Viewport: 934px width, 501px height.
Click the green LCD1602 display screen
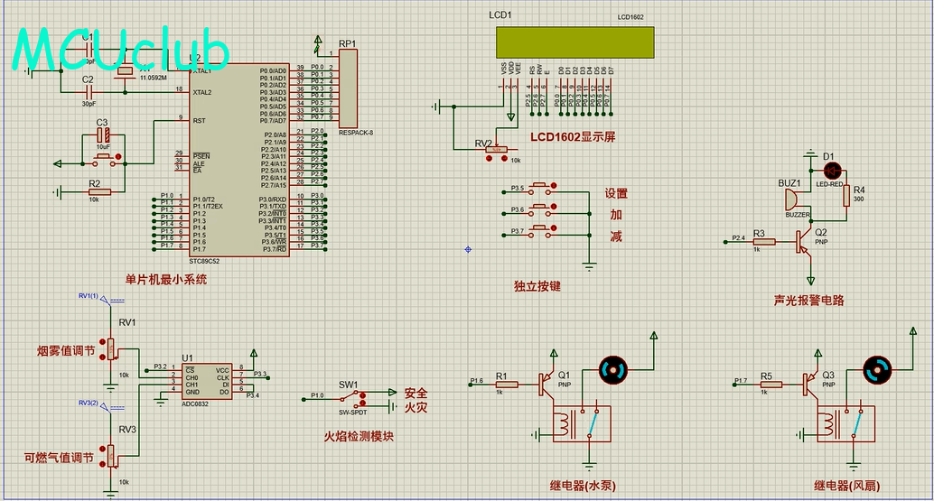[x=574, y=41]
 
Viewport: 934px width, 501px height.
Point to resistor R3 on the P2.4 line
[x=764, y=241]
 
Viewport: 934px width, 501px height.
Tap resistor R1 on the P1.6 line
[x=506, y=385]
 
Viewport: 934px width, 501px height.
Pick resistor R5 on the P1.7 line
[x=770, y=385]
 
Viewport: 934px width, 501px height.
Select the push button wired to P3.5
[x=540, y=189]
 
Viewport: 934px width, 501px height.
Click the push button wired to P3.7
[x=540, y=232]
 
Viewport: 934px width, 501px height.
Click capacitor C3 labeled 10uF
[x=103, y=136]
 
